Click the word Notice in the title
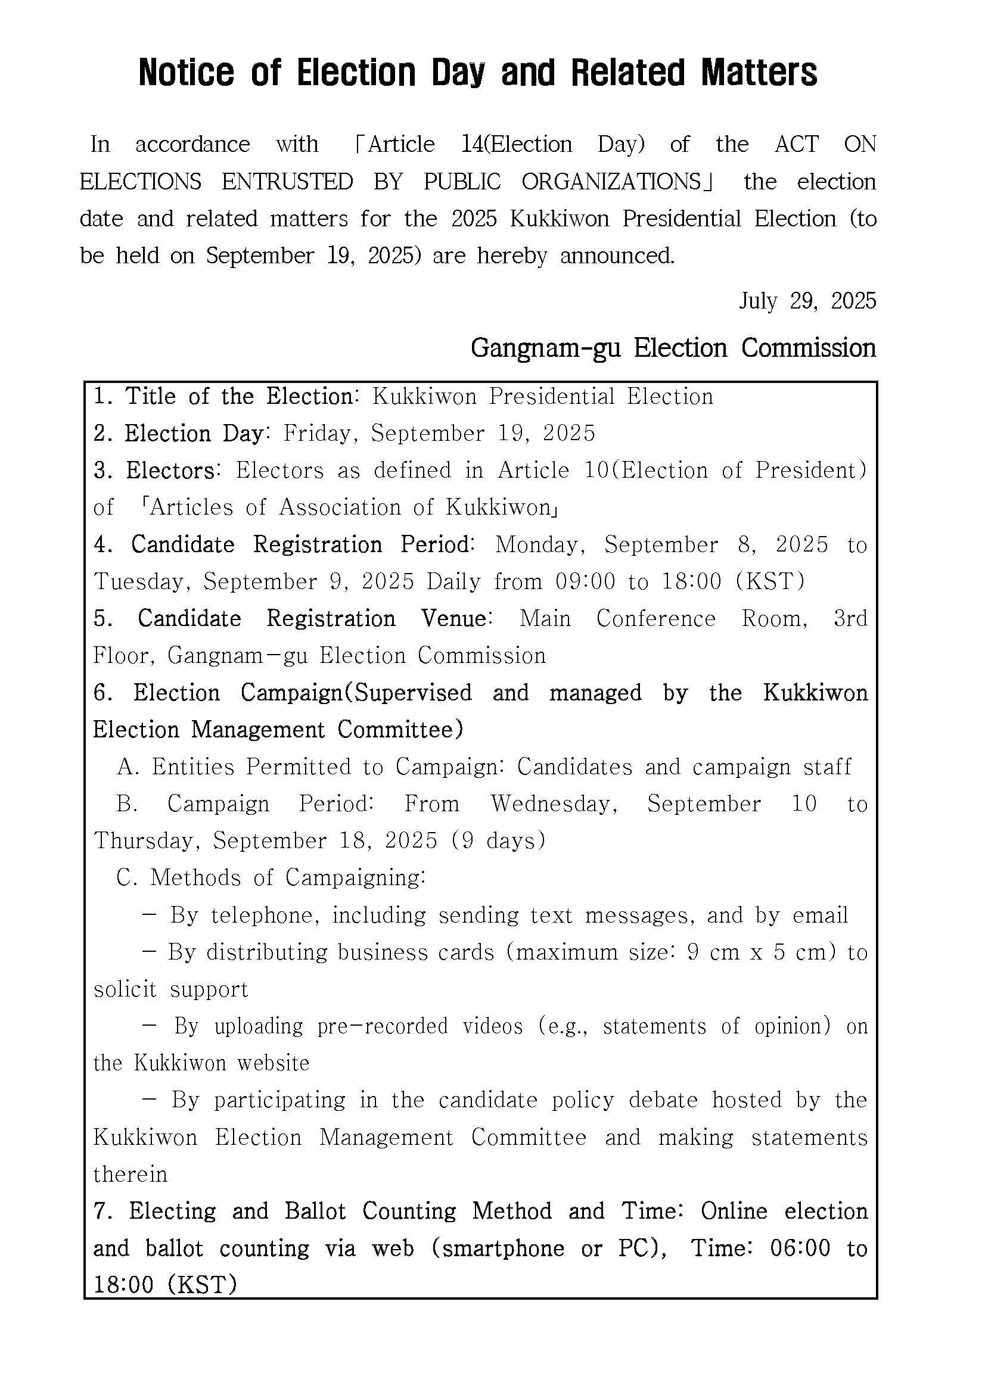185,73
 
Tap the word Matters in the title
759,73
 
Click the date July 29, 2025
807,301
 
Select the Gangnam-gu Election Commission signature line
673,348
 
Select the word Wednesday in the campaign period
554,804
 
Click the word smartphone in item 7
503,1248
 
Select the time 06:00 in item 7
800,1248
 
